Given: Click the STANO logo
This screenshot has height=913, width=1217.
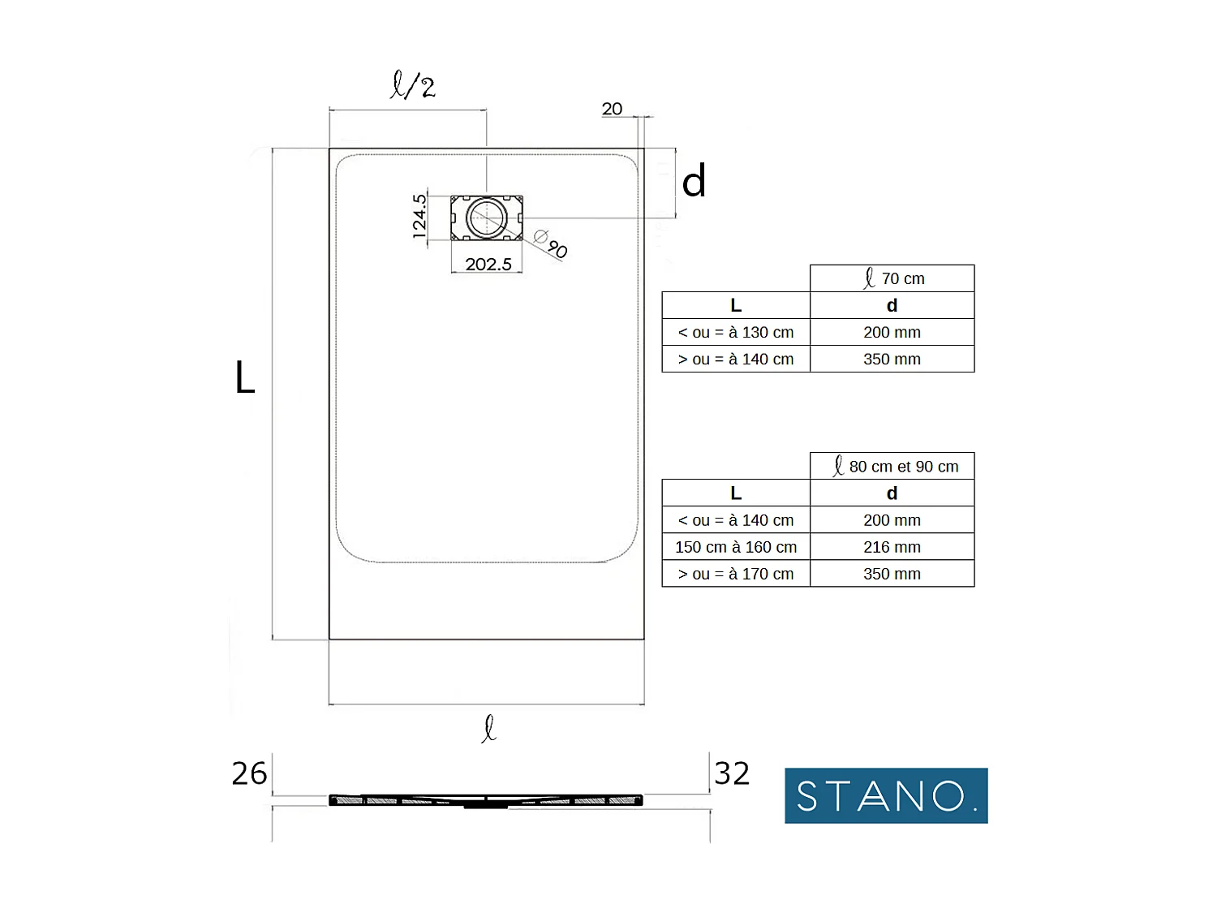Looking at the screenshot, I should point(886,795).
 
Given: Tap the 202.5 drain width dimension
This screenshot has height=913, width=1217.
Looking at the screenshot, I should point(488,265).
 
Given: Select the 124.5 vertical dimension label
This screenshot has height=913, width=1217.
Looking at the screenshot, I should point(419,217).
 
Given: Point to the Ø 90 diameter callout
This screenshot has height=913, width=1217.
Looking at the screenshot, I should point(552,243).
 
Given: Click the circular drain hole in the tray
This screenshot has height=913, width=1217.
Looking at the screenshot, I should point(487,217).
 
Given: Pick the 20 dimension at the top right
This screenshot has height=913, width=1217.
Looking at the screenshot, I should point(612,109).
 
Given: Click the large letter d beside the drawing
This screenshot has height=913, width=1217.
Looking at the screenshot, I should point(694,181).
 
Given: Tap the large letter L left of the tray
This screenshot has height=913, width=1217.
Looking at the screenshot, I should point(245,378).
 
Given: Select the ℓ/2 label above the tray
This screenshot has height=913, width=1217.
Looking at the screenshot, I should point(413,85).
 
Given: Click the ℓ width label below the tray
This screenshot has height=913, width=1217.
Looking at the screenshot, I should point(488,728).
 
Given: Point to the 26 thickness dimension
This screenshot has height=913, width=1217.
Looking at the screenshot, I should point(249,773).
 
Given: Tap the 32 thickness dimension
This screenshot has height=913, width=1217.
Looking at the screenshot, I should point(732,773).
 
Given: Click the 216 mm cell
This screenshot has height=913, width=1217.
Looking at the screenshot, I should point(892,547).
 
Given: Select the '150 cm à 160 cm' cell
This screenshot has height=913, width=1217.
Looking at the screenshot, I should point(736,547).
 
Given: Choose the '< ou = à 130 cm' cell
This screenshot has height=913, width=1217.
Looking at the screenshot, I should point(736,332).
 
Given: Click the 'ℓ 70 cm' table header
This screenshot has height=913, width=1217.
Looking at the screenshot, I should point(892,278).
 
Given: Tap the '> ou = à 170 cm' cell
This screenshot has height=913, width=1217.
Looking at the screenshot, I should point(736,574).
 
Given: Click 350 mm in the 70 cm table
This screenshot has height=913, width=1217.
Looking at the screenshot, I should point(892,359).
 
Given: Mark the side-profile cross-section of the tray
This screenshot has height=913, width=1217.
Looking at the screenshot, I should point(486,801).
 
